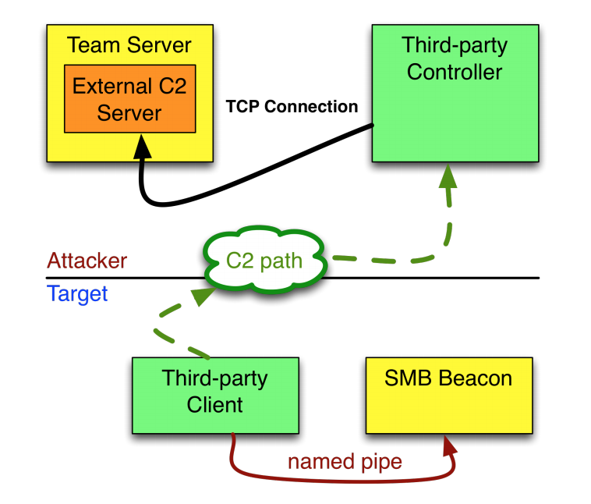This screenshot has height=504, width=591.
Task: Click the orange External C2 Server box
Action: point(129,99)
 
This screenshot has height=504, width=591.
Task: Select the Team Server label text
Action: point(129,45)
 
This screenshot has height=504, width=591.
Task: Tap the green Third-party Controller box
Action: point(455,94)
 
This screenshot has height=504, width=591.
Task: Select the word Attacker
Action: point(87,261)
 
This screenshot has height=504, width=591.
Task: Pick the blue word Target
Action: point(76,294)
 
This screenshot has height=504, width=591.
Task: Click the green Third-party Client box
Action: point(215,395)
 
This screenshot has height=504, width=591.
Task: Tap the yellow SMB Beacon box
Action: point(448,395)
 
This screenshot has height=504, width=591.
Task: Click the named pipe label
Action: point(345,461)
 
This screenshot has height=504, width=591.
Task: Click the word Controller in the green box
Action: point(455,73)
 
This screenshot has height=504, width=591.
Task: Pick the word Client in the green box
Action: point(214,405)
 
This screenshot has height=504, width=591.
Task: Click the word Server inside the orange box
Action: point(129,112)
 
